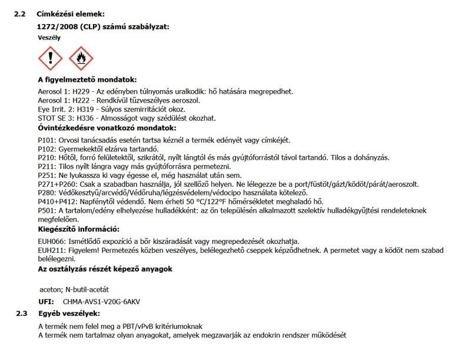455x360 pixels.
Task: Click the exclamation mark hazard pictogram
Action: pyautogui.click(x=51, y=59)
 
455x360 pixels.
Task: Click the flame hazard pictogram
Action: pyautogui.click(x=81, y=59)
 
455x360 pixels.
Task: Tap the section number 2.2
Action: pyautogui.click(x=19, y=13)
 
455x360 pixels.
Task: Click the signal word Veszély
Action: pyautogui.click(x=49, y=37)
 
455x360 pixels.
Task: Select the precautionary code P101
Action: pyautogui.click(x=46, y=140)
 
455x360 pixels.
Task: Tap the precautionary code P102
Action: pyautogui.click(x=46, y=149)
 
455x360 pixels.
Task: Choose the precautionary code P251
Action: pyautogui.click(x=46, y=176)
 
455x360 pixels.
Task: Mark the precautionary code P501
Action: pyautogui.click(x=46, y=210)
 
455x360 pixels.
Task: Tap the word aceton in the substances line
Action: pyautogui.click(x=49, y=289)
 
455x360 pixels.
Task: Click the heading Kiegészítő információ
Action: pyautogui.click(x=78, y=229)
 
